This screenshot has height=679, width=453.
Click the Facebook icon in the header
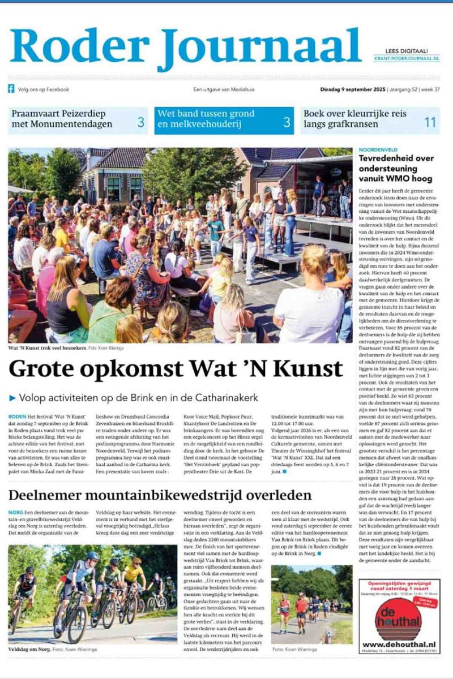point(11,89)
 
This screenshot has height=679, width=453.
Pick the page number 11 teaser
point(430,121)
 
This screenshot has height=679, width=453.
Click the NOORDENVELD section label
point(374,150)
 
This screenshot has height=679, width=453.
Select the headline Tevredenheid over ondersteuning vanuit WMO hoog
point(396,169)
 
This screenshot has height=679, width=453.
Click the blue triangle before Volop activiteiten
point(12,398)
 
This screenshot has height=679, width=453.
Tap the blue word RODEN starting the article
point(17,416)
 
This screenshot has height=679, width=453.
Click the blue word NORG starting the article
point(16,512)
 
